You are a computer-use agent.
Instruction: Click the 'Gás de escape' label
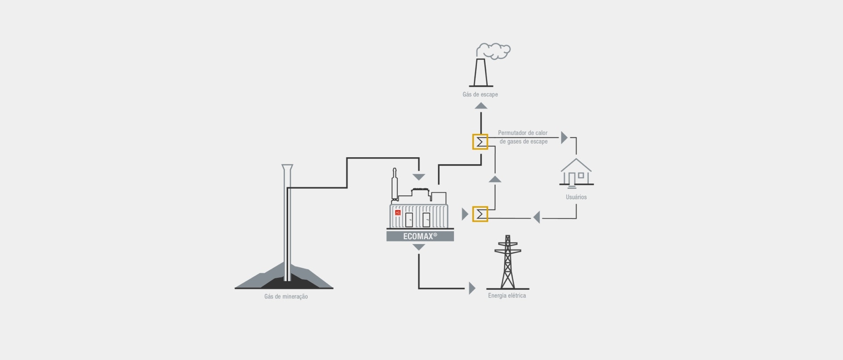(480, 94)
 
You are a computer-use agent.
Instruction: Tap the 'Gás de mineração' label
(286, 297)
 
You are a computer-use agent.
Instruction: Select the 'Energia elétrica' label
(507, 296)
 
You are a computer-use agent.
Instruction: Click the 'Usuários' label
(576, 197)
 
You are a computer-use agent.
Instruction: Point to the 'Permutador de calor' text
(522, 133)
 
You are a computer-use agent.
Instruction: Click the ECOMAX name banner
(420, 236)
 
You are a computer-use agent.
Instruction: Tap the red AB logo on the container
(398, 212)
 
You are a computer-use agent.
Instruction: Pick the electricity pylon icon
(508, 263)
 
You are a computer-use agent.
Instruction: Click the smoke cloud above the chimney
(494, 50)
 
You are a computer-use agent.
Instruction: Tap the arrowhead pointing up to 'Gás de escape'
(481, 105)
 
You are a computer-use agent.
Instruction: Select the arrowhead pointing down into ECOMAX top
(419, 177)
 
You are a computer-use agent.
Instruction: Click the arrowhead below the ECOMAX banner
(419, 248)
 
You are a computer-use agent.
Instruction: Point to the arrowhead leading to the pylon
(472, 288)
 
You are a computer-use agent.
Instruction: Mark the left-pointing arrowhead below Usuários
(536, 217)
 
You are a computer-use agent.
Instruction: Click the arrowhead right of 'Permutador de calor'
(564, 137)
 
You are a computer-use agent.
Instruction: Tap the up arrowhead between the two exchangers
(495, 179)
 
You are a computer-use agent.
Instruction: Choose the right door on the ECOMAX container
(426, 220)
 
